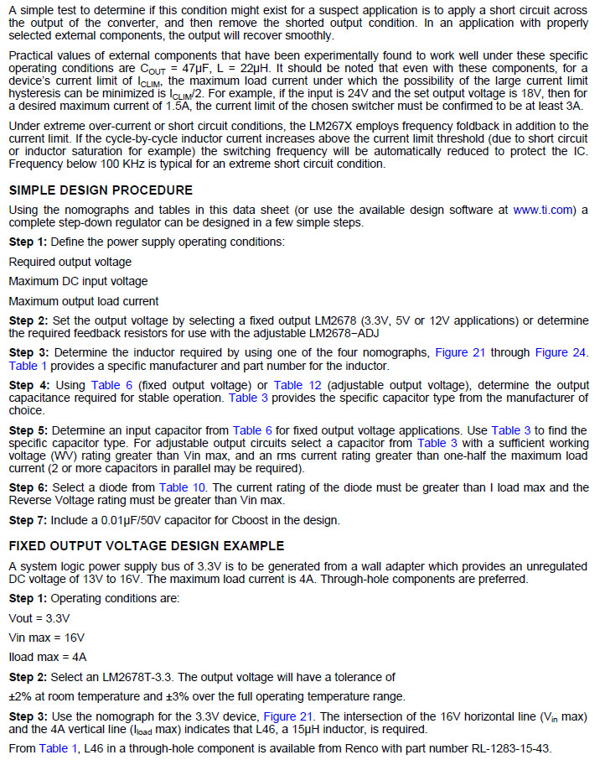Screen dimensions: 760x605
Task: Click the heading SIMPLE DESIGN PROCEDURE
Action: tap(101, 190)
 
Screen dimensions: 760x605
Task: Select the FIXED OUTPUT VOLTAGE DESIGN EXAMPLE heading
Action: tap(147, 546)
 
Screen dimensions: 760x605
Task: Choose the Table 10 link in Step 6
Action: tap(183, 487)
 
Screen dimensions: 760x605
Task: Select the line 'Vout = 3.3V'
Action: tap(39, 617)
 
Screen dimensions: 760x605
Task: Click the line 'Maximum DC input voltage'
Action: tap(78, 282)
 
